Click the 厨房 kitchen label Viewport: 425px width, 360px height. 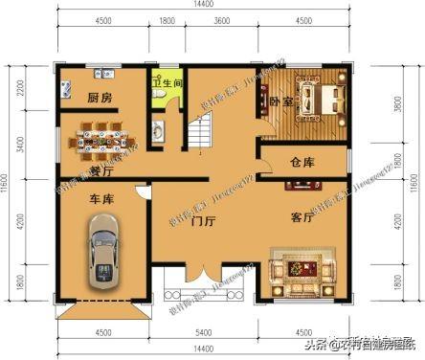[100, 99]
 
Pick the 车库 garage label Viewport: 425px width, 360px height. [102, 200]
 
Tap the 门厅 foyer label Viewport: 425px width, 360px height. [202, 224]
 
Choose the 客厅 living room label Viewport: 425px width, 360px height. [302, 217]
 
